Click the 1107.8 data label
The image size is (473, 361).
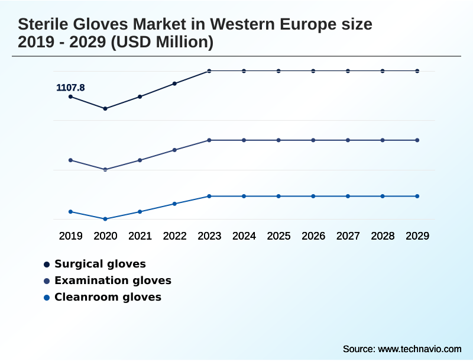[x=70, y=88]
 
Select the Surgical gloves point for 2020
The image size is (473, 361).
[x=105, y=108]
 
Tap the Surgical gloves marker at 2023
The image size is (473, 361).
[x=209, y=71]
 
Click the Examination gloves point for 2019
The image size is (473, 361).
[x=71, y=160]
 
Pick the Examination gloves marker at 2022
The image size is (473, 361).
[x=174, y=150]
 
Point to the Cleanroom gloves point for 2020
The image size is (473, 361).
[x=105, y=219]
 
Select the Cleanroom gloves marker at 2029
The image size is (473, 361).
[x=417, y=196]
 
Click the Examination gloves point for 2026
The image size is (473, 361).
[x=313, y=140]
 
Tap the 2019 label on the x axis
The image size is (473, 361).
[x=71, y=236]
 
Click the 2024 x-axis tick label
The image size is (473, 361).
[x=244, y=236]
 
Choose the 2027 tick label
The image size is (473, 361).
[x=348, y=236]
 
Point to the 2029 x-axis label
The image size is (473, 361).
[x=417, y=236]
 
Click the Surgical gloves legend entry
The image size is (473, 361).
[x=100, y=264]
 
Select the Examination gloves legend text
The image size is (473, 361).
[x=113, y=281]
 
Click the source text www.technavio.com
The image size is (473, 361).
[x=419, y=349]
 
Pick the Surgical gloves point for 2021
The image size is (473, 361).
[x=140, y=96]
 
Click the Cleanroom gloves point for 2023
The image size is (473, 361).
[x=209, y=196]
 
